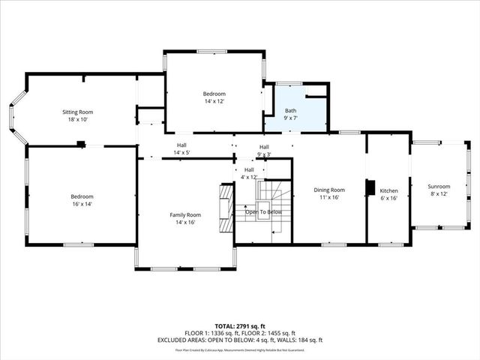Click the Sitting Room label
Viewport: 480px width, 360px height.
(x=77, y=112)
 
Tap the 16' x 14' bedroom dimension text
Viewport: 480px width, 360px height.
(x=82, y=203)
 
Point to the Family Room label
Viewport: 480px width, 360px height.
(x=184, y=214)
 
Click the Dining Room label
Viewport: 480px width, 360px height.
(x=328, y=190)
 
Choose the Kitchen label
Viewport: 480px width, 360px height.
(x=388, y=191)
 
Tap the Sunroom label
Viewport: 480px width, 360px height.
(x=439, y=186)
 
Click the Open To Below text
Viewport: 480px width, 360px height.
(x=263, y=212)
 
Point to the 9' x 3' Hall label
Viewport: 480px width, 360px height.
(x=264, y=154)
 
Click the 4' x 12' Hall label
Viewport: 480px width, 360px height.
(x=248, y=177)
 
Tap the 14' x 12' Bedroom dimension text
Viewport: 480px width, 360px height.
(x=214, y=100)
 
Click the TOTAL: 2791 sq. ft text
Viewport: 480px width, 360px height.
(x=239, y=325)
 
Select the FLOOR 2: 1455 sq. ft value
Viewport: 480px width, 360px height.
(x=268, y=332)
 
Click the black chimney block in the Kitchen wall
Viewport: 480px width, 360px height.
(x=369, y=187)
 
